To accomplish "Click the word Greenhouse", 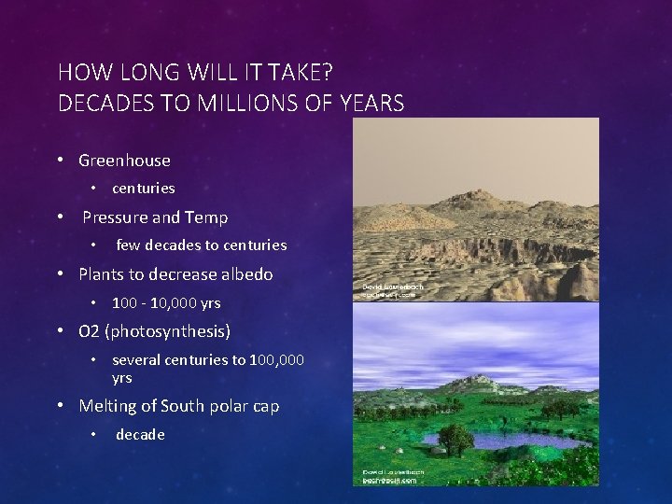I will coord(124,161).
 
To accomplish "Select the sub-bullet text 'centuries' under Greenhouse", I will coord(143,189).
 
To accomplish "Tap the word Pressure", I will coord(115,217).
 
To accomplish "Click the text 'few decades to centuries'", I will coord(201,245).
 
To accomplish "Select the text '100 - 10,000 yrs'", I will coord(166,302).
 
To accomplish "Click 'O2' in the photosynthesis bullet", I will coord(90,331).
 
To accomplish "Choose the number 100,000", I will coord(277,360).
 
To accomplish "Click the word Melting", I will coord(107,406).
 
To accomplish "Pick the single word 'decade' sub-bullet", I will coord(140,435).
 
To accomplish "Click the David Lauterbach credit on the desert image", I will coord(393,290).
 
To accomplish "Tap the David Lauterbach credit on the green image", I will coord(393,476).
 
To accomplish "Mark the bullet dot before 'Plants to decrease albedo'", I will coord(60,274).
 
